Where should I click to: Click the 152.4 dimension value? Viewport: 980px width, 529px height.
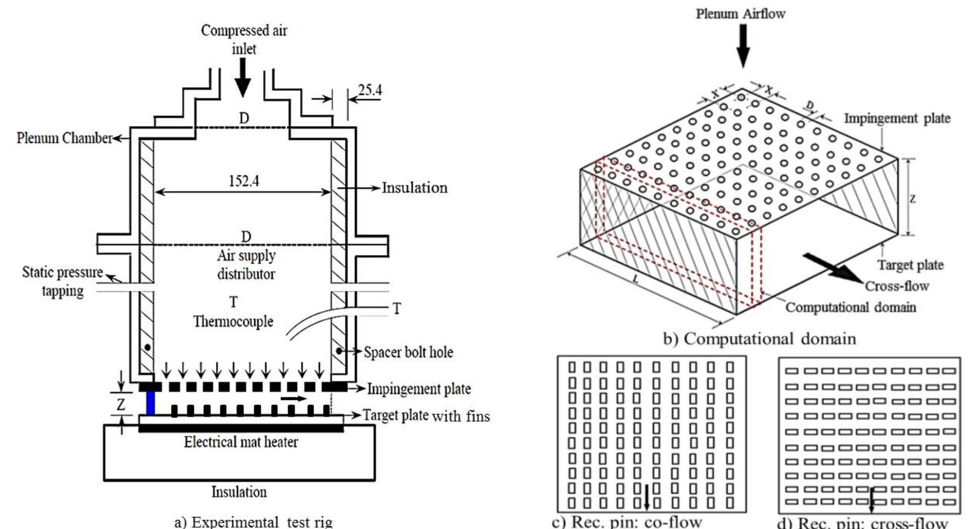[244, 180]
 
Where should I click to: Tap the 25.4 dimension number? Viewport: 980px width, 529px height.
[369, 90]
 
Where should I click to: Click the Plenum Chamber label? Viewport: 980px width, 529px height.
[64, 138]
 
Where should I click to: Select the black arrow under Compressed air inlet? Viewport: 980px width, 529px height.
[243, 78]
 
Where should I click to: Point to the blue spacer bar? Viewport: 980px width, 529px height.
[150, 403]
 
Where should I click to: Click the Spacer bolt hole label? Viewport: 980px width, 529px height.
[408, 352]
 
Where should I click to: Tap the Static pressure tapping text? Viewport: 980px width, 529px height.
[62, 281]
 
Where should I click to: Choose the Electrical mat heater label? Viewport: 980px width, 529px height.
[241, 442]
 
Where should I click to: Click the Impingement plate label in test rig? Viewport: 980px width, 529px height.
[419, 389]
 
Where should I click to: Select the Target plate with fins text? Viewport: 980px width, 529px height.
[426, 415]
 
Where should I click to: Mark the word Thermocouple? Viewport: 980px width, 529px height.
[233, 321]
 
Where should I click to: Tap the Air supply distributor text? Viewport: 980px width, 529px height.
[246, 264]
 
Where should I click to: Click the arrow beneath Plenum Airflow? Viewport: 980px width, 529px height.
[743, 45]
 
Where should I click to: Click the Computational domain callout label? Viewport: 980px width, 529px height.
[850, 307]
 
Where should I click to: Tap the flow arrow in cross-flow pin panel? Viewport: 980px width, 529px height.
[871, 500]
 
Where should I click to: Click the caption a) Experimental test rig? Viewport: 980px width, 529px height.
[253, 522]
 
